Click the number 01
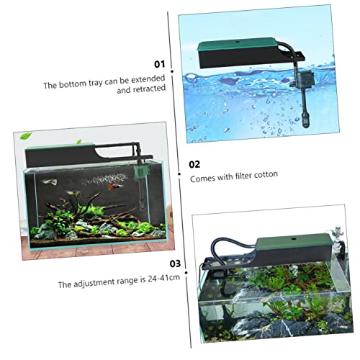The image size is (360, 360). click(160, 64)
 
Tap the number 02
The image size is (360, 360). click(194, 164)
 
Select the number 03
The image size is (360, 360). click(175, 264)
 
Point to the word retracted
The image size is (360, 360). click(149, 89)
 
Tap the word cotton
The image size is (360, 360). click(266, 175)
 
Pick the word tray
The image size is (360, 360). click(96, 84)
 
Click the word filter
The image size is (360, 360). click(243, 176)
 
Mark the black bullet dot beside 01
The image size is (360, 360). click(172, 71)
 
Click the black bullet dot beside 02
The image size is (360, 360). click(179, 174)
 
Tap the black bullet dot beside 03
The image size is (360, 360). click(186, 273)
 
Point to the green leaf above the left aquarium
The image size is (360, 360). click(26, 136)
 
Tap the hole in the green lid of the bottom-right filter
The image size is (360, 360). click(294, 239)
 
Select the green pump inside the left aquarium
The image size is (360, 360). click(140, 172)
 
